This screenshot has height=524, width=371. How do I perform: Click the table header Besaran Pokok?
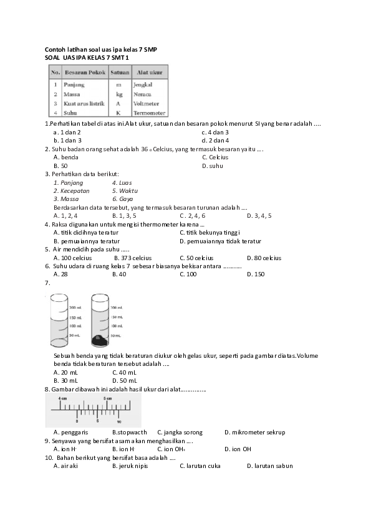coord(84,73)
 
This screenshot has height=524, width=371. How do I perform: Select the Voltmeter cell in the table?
coord(147,103)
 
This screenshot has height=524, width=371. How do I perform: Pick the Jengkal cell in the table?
coord(143,83)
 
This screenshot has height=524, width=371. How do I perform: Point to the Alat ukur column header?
coord(150,73)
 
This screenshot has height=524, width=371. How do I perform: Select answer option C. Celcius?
coord(215,157)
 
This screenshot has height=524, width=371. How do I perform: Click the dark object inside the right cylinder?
coord(100,340)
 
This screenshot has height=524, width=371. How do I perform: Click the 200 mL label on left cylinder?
coord(75,307)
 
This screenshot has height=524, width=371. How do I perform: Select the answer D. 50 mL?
coord(124,380)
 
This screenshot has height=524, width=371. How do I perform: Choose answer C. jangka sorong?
coord(180,432)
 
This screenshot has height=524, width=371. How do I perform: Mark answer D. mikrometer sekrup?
coord(254,432)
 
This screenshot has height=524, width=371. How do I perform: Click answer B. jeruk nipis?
coord(125,466)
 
